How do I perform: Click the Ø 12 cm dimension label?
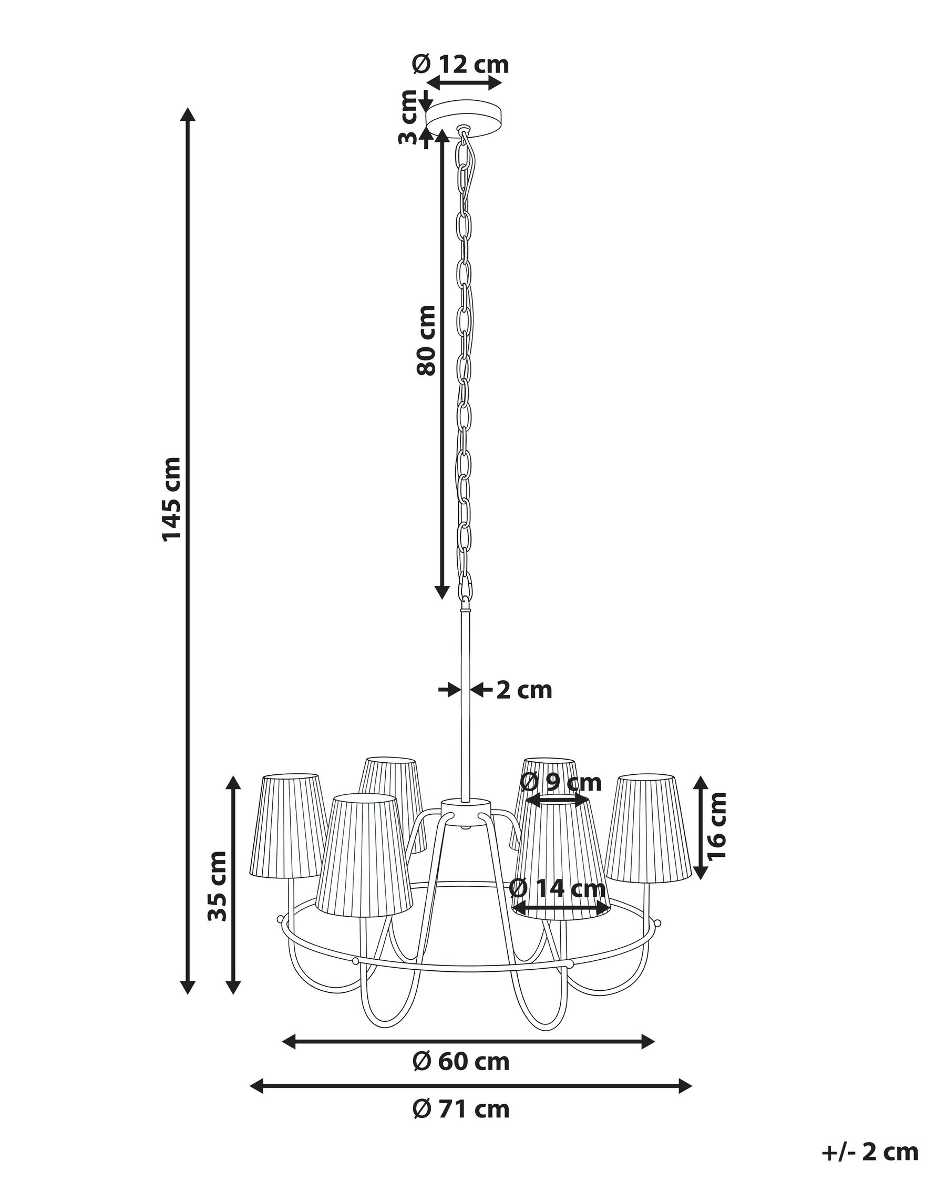tap(461, 65)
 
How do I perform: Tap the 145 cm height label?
tap(171, 499)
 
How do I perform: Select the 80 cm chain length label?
tap(426, 340)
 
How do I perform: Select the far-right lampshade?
tap(647, 835)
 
